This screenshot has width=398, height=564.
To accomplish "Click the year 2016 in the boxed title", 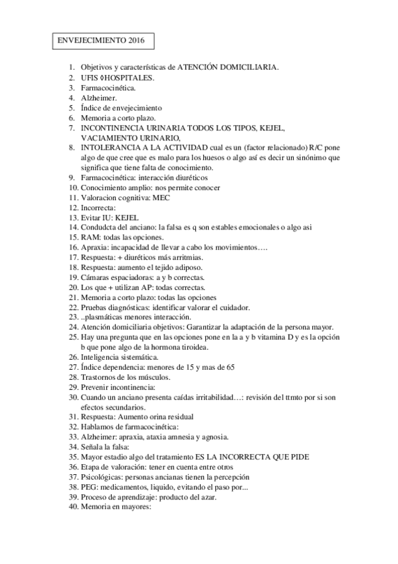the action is [134, 41].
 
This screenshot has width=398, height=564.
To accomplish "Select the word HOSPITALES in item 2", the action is [129, 77].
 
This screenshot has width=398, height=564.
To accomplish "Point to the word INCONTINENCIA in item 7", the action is [111, 127].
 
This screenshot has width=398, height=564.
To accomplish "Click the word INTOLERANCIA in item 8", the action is [110, 147].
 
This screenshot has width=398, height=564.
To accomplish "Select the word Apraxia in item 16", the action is [94, 247].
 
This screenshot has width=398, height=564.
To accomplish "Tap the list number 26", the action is [72, 356].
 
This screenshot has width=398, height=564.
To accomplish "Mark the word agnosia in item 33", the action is [213, 436].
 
